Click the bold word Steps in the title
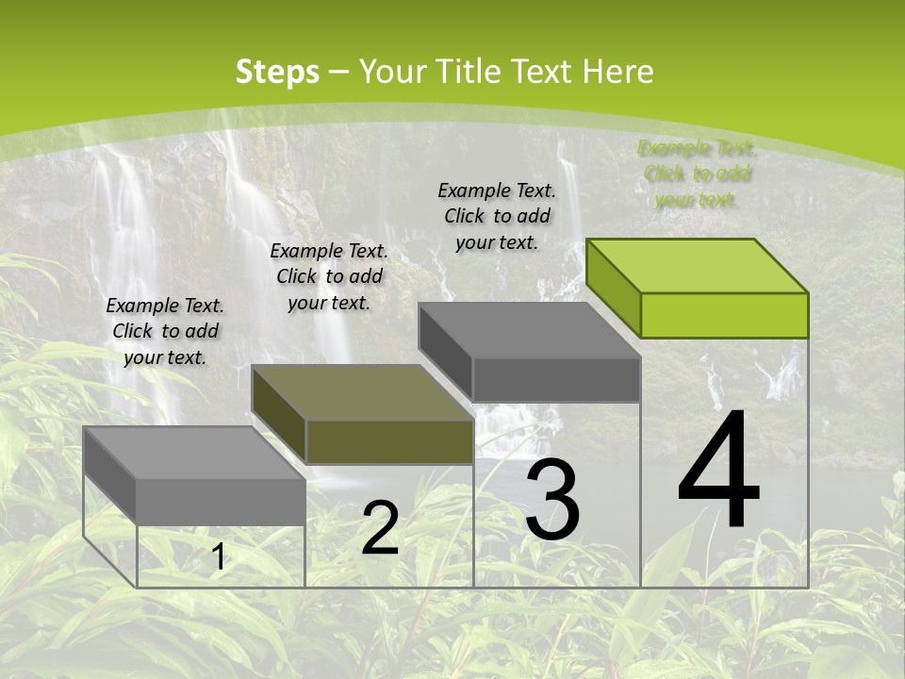tap(277, 72)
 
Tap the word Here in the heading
tap(617, 72)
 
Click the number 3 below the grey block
tap(552, 500)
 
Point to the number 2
tap(380, 528)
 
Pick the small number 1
tap(218, 557)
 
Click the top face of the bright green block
tap(698, 265)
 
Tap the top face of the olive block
tap(362, 391)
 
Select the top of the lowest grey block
tap(194, 453)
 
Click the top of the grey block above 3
tap(530, 330)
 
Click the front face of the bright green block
tap(724, 315)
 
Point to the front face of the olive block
tap(389, 441)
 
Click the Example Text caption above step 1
tap(165, 331)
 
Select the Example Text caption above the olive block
tap(329, 276)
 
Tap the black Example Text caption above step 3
tap(497, 216)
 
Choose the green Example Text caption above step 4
tap(697, 174)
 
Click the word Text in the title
tap(542, 72)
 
